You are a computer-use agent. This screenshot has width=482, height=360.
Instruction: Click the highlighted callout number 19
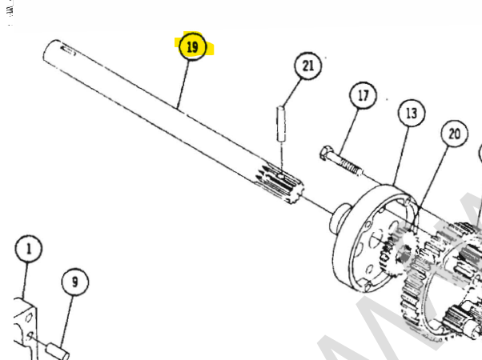(x=192, y=47)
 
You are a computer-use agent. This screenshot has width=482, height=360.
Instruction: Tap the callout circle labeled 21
(x=307, y=66)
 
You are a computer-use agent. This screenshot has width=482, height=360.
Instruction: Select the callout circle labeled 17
(x=363, y=97)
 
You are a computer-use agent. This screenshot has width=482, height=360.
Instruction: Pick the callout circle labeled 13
(x=411, y=114)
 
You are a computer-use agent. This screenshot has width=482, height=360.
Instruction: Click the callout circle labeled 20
(x=455, y=134)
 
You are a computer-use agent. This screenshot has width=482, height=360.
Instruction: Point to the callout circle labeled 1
(x=29, y=250)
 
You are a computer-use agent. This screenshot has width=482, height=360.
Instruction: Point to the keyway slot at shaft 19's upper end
(x=67, y=53)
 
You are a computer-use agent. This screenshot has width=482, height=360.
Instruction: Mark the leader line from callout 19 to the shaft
(x=183, y=85)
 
